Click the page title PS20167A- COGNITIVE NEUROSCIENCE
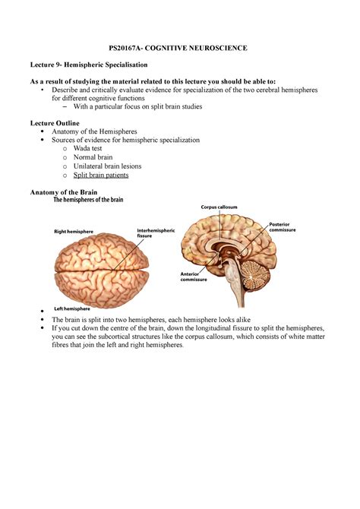[181, 48]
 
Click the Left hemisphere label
[73, 309]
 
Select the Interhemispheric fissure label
[156, 233]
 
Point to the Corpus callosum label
[219, 207]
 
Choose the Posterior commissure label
[283, 227]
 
